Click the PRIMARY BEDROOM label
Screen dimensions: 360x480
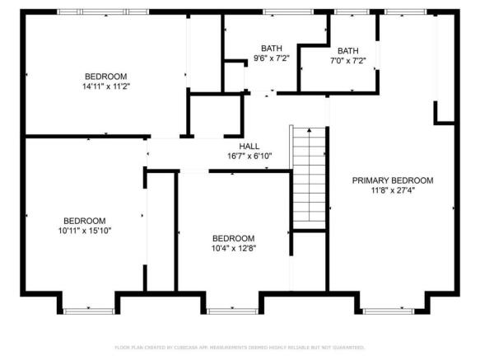(x=392, y=180)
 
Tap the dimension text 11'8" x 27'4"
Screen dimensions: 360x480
(x=392, y=190)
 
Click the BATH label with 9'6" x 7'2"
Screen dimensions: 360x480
(x=272, y=49)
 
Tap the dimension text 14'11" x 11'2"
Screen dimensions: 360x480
(x=106, y=86)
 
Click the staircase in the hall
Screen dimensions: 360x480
(x=308, y=175)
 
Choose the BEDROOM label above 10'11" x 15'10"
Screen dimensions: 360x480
(x=86, y=220)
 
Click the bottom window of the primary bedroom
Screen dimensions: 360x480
(x=387, y=311)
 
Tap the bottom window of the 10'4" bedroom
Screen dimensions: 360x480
(x=231, y=311)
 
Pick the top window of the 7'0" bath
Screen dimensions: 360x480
(x=350, y=12)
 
